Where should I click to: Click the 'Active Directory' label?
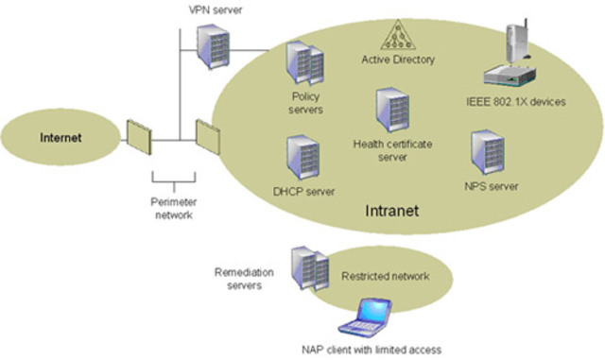tap(398, 60)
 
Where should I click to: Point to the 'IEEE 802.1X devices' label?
tap(516, 102)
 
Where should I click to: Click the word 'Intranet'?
tap(391, 208)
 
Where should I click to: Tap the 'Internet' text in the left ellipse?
tap(61, 138)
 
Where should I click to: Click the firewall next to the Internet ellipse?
tap(138, 137)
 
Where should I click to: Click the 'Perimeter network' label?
tap(174, 208)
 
